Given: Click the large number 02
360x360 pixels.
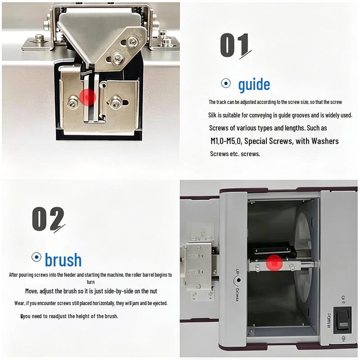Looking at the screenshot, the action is (48, 219).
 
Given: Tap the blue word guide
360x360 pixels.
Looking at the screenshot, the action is (254, 85).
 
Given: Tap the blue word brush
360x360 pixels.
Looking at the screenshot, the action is (63, 260).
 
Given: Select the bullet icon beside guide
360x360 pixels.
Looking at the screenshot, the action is (226, 83).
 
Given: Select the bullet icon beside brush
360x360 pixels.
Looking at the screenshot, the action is (36, 257).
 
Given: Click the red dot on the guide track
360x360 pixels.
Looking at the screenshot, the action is (87, 97).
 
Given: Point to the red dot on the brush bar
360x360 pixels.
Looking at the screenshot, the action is (274, 263).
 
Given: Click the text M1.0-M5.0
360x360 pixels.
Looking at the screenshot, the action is (226, 141).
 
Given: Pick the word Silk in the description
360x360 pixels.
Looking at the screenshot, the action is (212, 115).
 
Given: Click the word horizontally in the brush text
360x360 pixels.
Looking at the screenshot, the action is (97, 303).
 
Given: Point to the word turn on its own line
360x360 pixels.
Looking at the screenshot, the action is (91, 282).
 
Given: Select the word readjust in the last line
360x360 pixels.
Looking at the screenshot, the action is (58, 316).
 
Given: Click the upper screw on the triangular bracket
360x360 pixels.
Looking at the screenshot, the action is (132, 42).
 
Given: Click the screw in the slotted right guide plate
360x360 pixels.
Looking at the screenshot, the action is (116, 102).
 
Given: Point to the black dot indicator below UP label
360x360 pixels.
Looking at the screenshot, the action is (239, 280).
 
